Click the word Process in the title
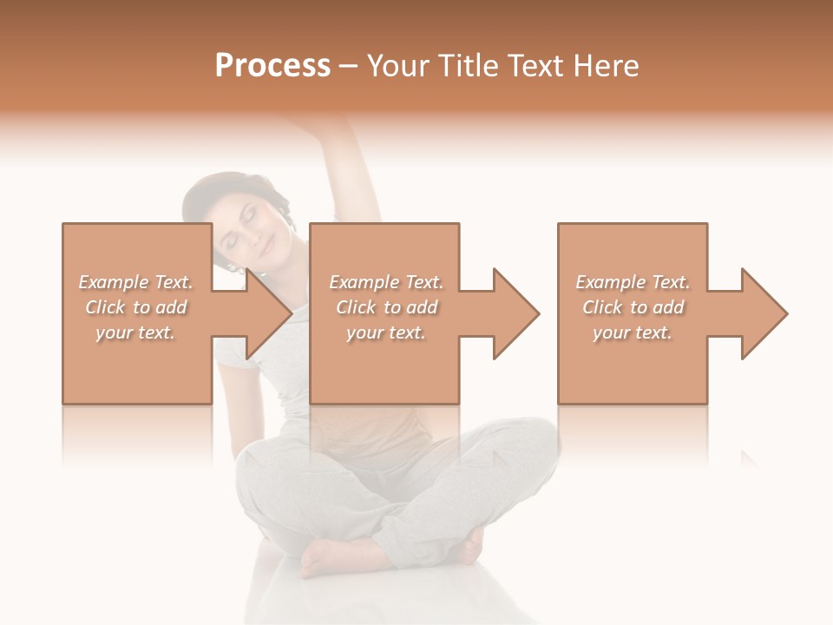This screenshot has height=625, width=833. coord(272,66)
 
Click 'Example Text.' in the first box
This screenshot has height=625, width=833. coord(135,282)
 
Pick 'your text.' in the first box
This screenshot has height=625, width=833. coord(135,332)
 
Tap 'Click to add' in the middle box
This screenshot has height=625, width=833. coord(386,307)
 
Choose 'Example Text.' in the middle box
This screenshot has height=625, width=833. coord(386,282)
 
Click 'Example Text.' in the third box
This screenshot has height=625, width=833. coord(633,282)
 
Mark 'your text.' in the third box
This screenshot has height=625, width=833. coord(633,332)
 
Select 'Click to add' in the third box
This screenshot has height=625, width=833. coord(633,307)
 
